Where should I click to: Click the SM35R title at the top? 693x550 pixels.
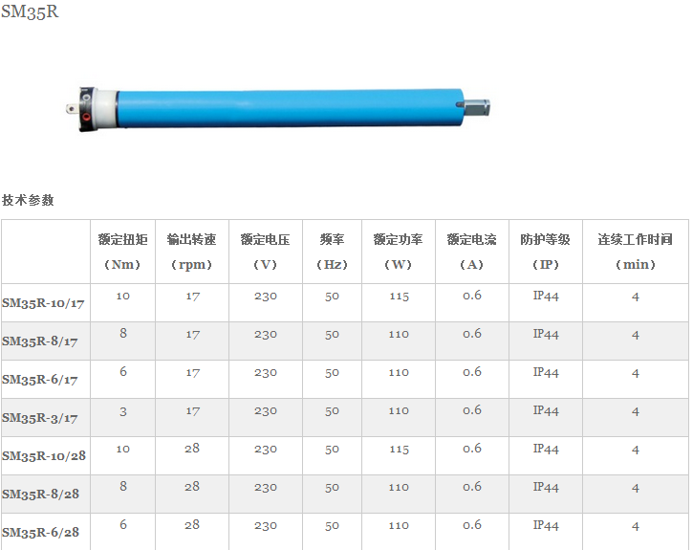click(x=30, y=11)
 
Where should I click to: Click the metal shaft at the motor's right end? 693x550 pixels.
click(x=476, y=107)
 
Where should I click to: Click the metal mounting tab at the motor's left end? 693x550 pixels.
click(x=72, y=108)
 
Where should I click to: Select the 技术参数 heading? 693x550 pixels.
click(x=28, y=200)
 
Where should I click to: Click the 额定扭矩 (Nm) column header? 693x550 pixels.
click(x=122, y=252)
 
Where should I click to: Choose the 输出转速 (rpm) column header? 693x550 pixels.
click(x=192, y=252)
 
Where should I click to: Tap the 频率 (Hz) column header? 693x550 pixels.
click(x=332, y=252)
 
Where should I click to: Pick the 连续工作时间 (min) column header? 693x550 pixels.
click(x=635, y=252)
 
